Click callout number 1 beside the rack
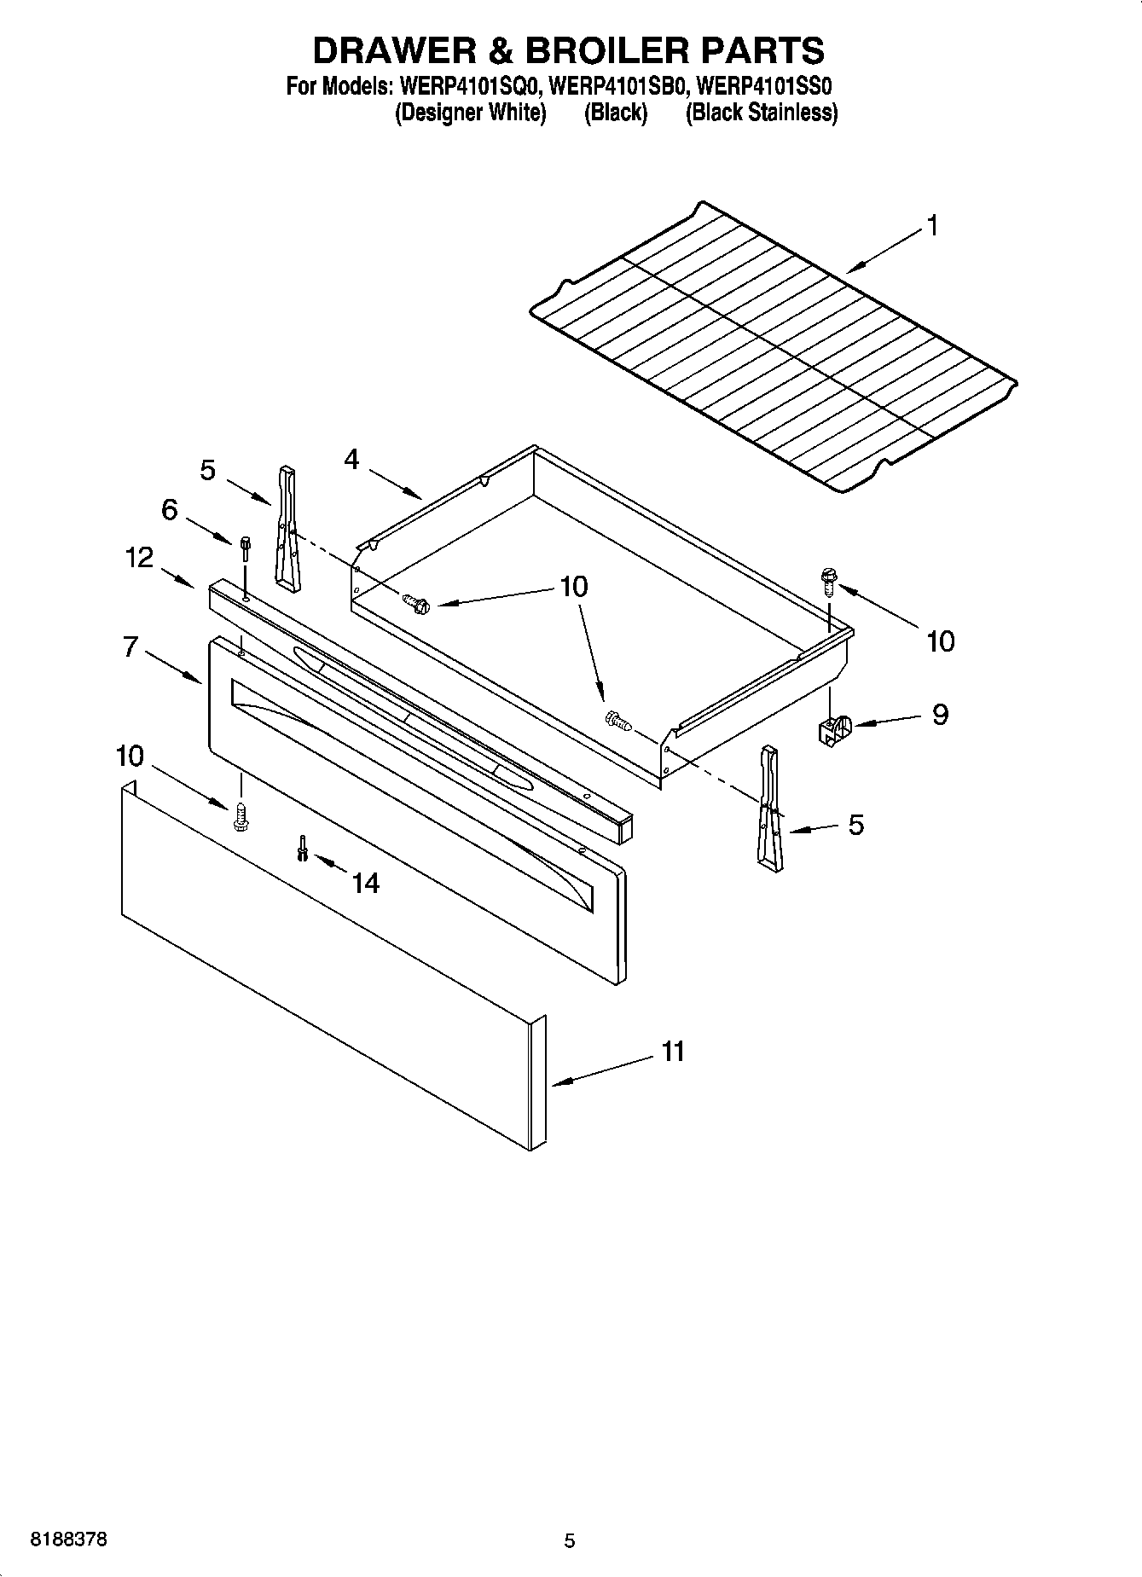click(x=933, y=226)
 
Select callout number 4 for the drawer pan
click(x=351, y=460)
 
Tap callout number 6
click(x=170, y=510)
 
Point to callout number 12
click(x=139, y=558)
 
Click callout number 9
click(x=940, y=714)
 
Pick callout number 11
click(x=673, y=1052)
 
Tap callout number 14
click(x=365, y=883)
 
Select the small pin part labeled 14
click(x=302, y=848)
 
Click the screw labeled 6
click(x=246, y=547)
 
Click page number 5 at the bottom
click(x=570, y=1541)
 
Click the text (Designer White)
click(x=470, y=113)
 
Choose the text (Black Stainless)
click(x=762, y=113)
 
